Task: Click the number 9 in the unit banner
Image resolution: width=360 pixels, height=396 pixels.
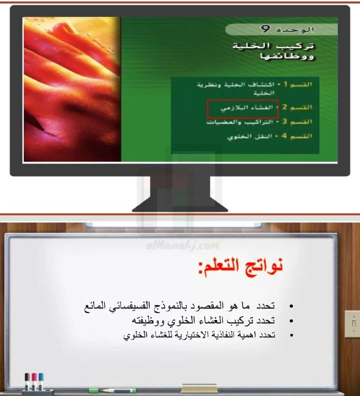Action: pyautogui.click(x=266, y=29)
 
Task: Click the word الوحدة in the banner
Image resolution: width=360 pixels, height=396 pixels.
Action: pyautogui.click(x=295, y=30)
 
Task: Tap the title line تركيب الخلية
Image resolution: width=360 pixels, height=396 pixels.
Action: pyautogui.click(x=273, y=46)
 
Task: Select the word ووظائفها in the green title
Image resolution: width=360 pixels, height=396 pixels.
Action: pyautogui.click(x=287, y=56)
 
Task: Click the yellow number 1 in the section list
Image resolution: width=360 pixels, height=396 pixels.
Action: pyautogui.click(x=285, y=84)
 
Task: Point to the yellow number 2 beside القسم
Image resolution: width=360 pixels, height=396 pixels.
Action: pyautogui.click(x=284, y=107)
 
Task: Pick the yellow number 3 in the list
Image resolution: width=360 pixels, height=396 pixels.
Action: pyautogui.click(x=284, y=121)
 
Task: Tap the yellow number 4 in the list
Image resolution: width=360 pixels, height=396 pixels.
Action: pyautogui.click(x=284, y=136)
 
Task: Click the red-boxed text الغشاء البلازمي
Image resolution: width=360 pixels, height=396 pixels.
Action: pyautogui.click(x=247, y=108)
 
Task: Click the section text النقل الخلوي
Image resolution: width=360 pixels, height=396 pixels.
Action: pyautogui.click(x=250, y=137)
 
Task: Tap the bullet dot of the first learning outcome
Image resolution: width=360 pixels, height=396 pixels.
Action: pyautogui.click(x=291, y=306)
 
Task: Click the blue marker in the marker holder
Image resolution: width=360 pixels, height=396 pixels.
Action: pyautogui.click(x=41, y=381)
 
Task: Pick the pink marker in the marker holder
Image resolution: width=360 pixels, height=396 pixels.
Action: pyautogui.click(x=34, y=381)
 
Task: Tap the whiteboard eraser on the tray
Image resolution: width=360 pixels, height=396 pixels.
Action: pyautogui.click(x=199, y=389)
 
